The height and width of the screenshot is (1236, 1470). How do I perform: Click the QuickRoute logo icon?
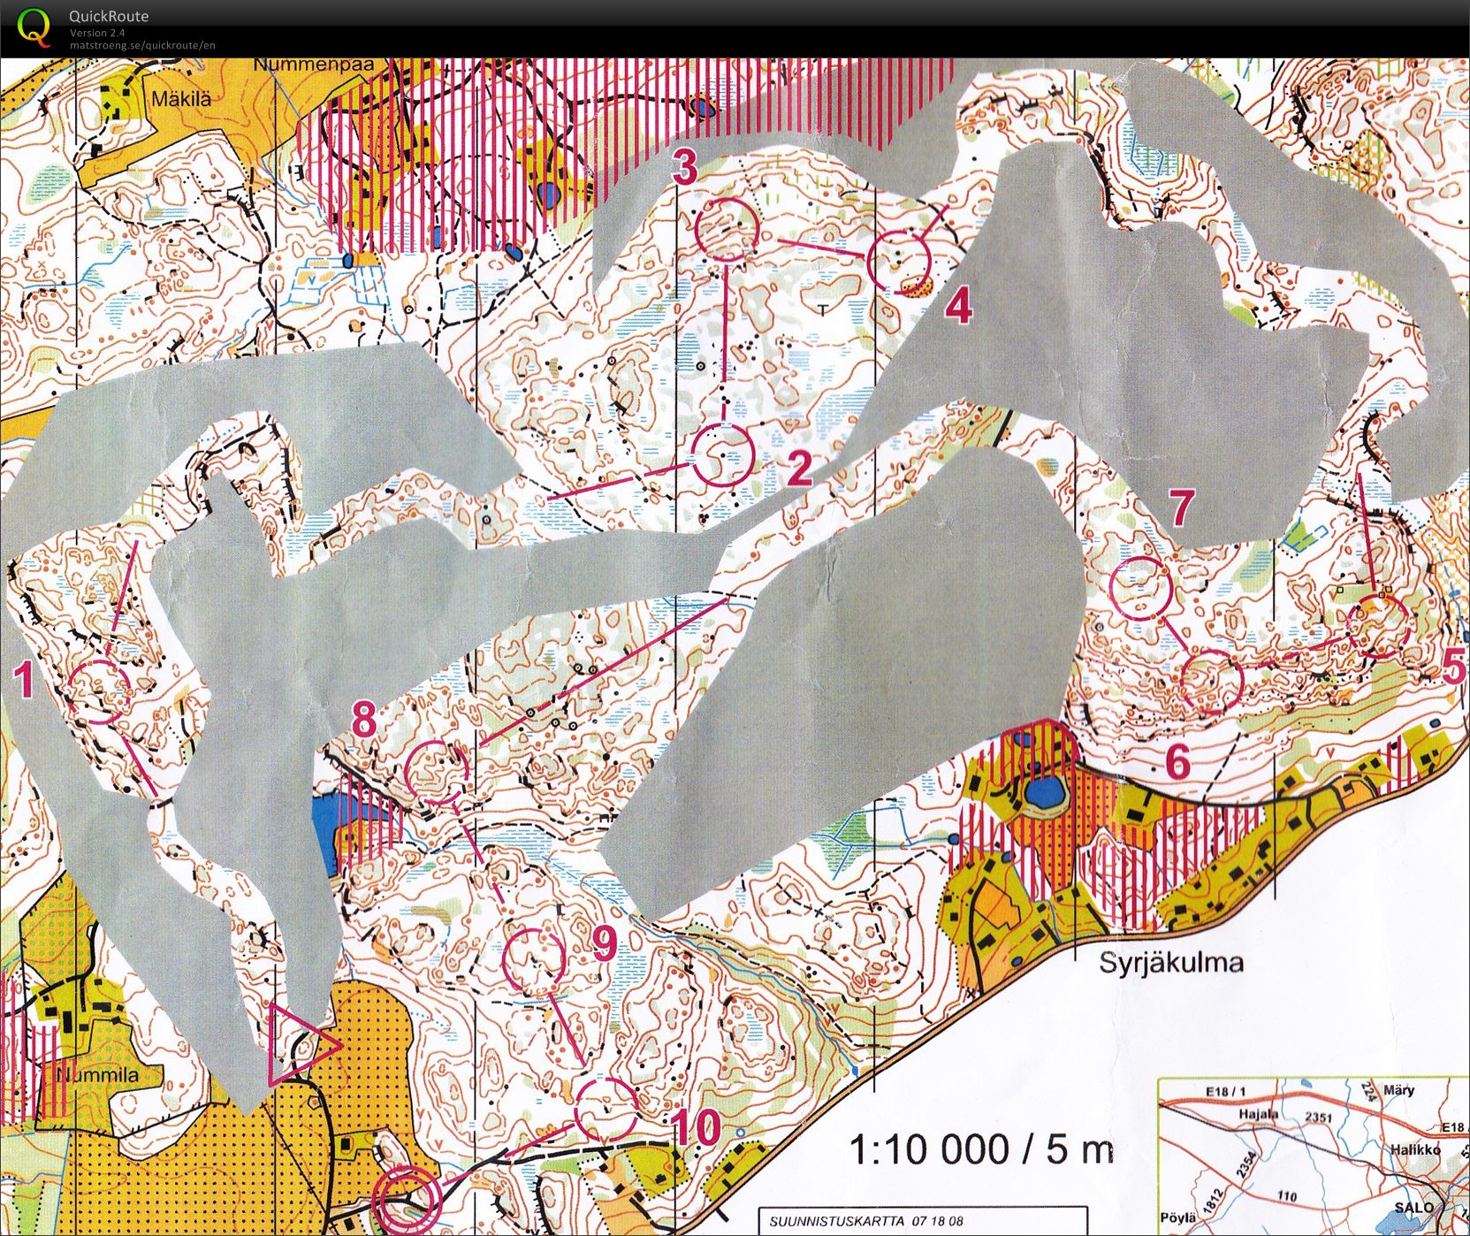pos(34,27)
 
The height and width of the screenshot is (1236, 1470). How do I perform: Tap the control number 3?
pos(685,166)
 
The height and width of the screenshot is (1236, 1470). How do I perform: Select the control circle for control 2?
pos(722,455)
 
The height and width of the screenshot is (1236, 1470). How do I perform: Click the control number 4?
pos(958,307)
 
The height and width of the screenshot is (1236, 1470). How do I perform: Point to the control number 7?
pos(1182,507)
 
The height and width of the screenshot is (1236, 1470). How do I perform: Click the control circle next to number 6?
pos(1213,682)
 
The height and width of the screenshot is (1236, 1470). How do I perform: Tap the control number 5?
pos(1454,669)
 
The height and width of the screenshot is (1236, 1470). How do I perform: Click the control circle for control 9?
pos(533,960)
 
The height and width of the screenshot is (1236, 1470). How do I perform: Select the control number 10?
pos(697,1127)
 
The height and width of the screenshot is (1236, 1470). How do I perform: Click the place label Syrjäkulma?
pos(1170,963)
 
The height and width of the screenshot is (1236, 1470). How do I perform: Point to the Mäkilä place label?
pos(181,98)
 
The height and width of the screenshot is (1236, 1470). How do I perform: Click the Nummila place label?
pos(98,1076)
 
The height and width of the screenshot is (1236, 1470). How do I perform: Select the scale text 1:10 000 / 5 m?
pos(981,1148)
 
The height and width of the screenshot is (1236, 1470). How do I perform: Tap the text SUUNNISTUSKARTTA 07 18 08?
pos(866,1221)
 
